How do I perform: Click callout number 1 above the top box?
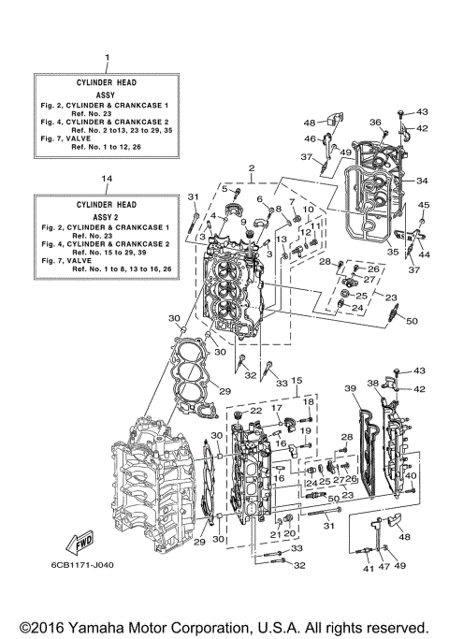point(107,58)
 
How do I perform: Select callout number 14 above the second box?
point(107,178)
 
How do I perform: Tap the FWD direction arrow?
point(79,541)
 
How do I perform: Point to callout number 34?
point(422,181)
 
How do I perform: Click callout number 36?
point(374,122)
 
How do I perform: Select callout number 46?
point(310,138)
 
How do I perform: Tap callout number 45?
point(423,205)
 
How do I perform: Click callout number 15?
point(295,381)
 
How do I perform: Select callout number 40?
point(411,475)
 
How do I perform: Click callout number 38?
point(372,383)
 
